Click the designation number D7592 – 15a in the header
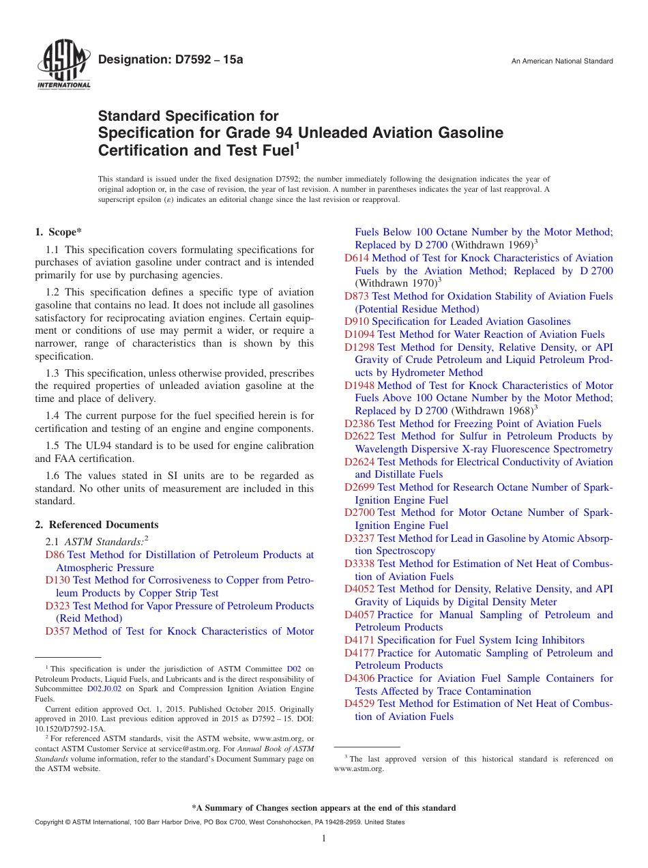[x=171, y=60]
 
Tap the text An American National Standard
[x=562, y=61]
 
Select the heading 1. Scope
[x=59, y=232]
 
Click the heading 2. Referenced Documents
[x=97, y=525]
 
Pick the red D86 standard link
[x=55, y=555]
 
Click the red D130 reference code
[x=57, y=581]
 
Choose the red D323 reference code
[x=57, y=606]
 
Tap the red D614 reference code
[x=356, y=258]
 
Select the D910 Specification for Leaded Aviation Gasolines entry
[x=457, y=321]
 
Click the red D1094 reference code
[x=359, y=334]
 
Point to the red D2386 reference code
[x=359, y=424]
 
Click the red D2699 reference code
[x=359, y=487]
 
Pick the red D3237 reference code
[x=359, y=538]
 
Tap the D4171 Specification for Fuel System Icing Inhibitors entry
[x=464, y=640]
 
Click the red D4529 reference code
[x=359, y=704]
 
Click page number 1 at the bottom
[x=324, y=839]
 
